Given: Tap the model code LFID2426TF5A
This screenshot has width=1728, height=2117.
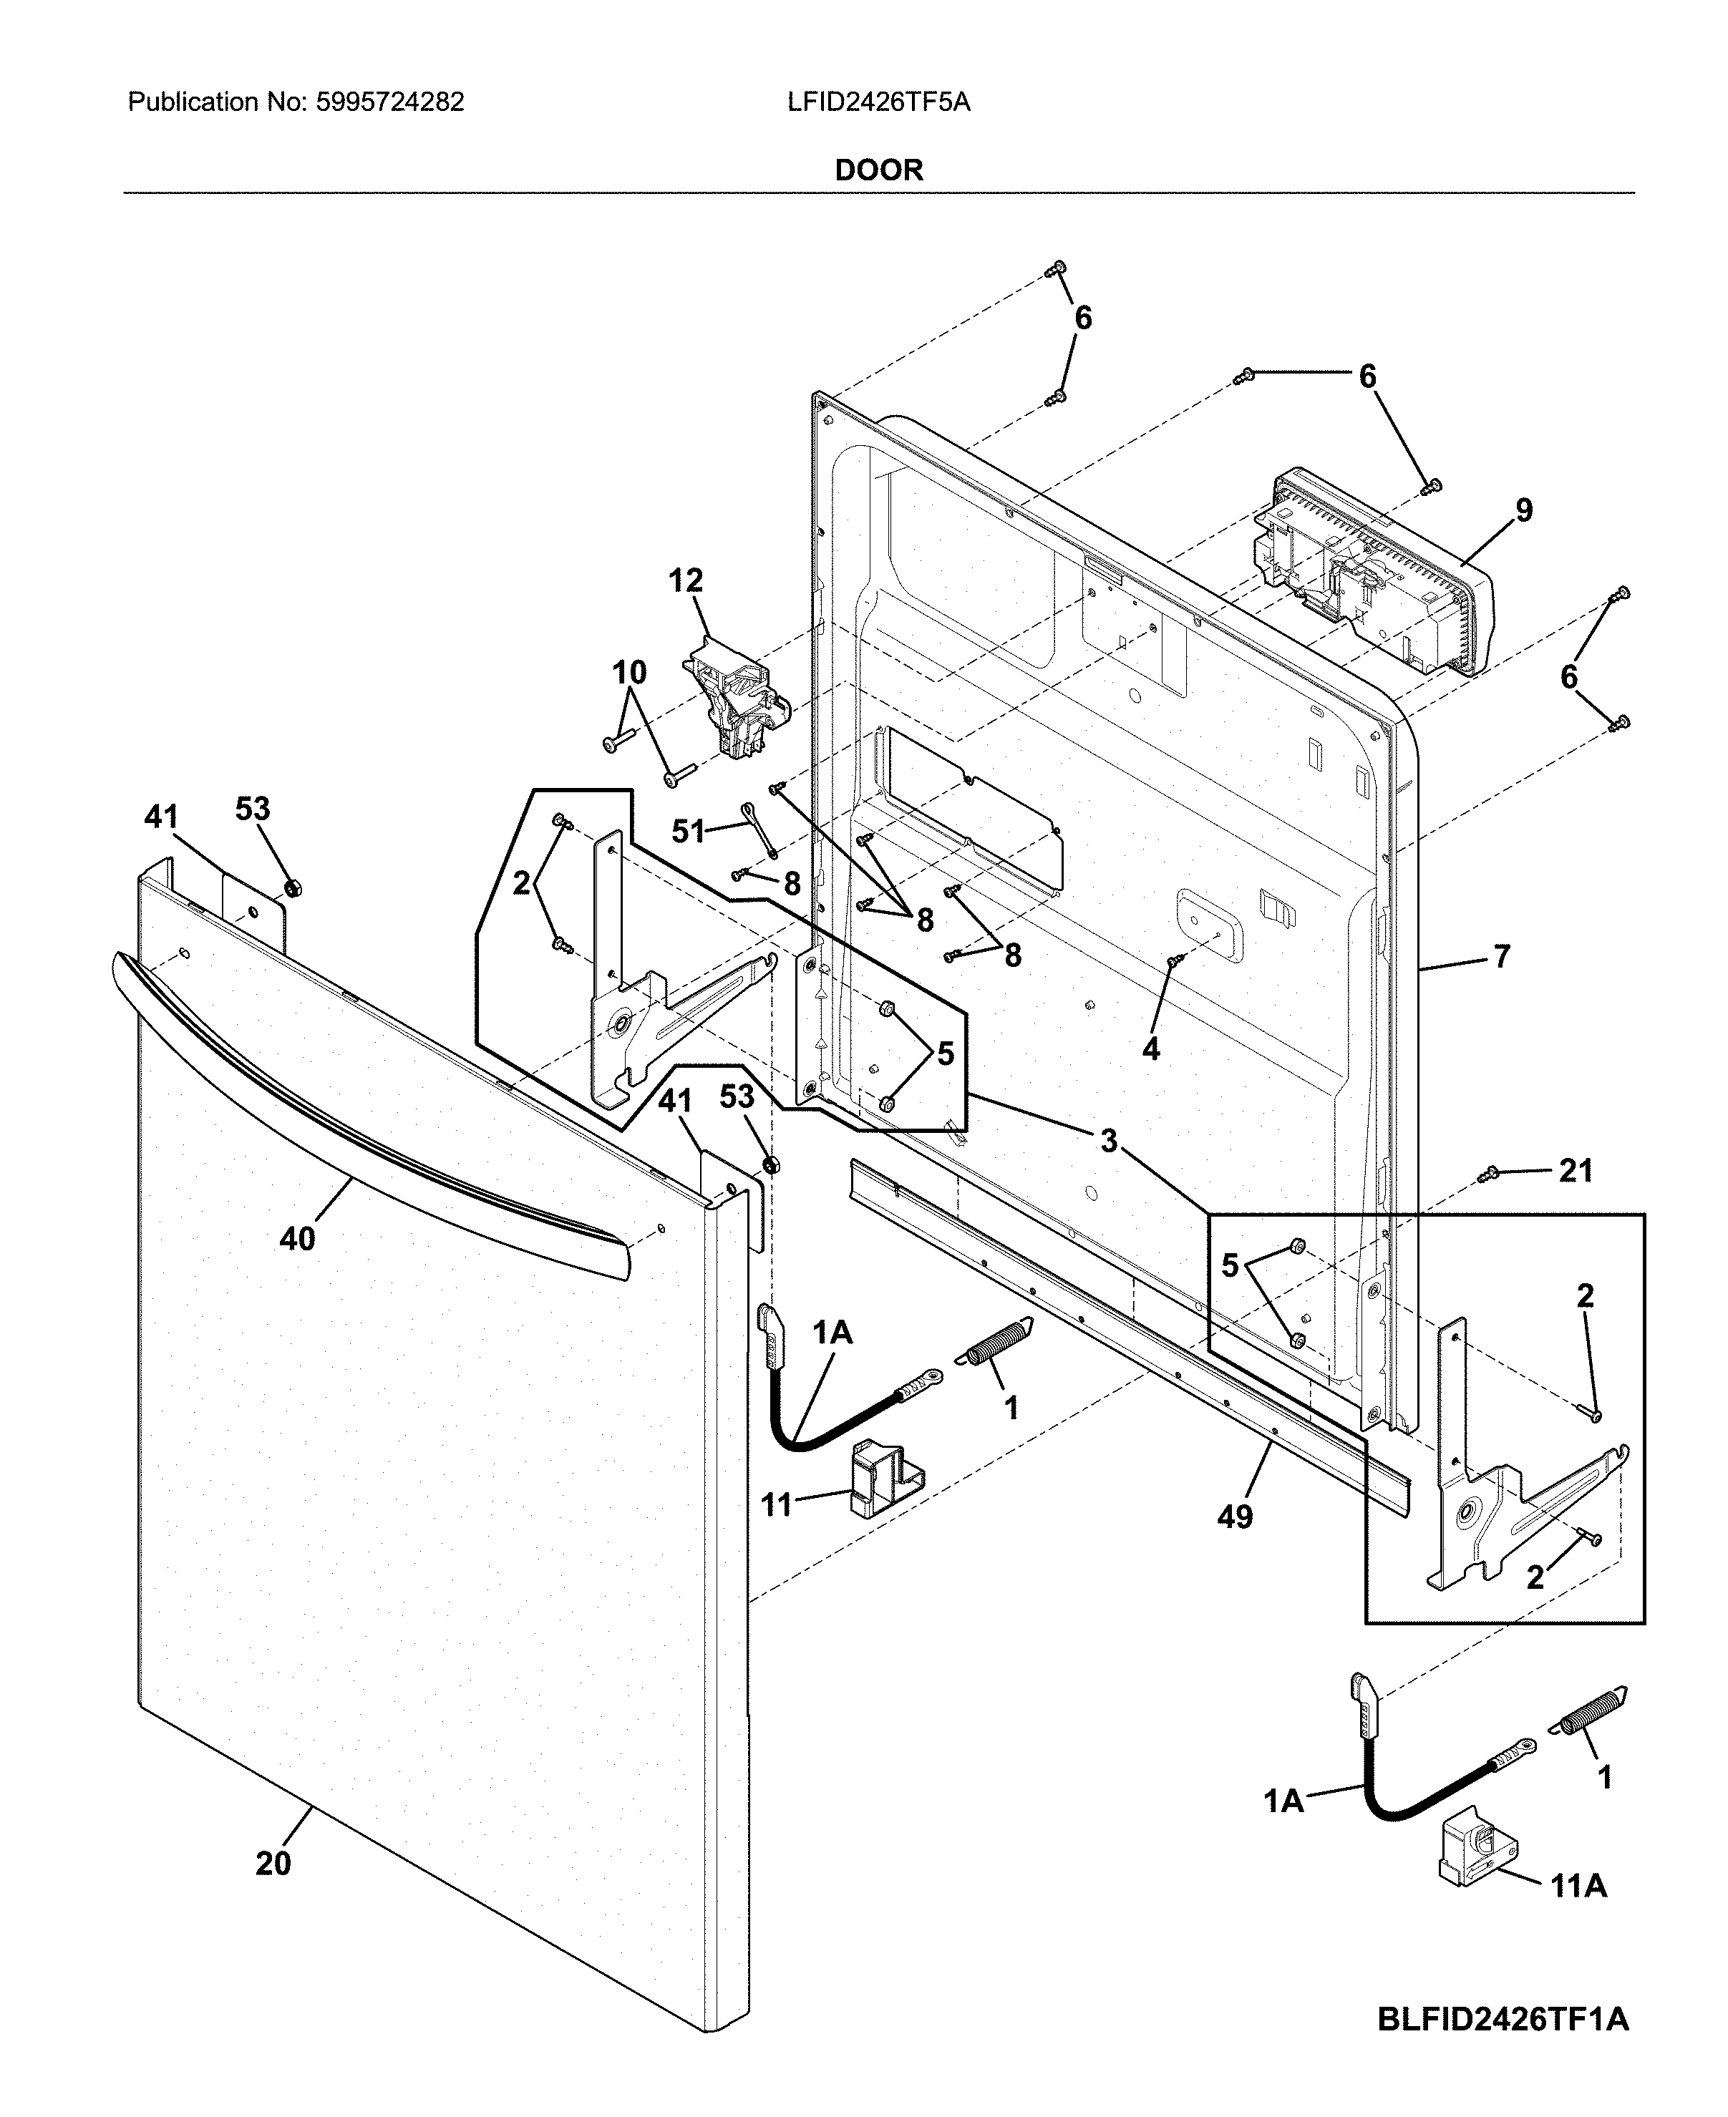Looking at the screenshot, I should (x=878, y=102).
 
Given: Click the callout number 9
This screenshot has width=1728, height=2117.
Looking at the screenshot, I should (x=1524, y=510).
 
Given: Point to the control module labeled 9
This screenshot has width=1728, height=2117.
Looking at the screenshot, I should (x=1384, y=578).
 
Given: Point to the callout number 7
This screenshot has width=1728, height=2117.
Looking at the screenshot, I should (x=1501, y=956).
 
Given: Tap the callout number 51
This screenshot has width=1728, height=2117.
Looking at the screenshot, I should (x=688, y=830).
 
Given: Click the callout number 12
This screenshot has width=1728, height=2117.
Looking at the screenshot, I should (x=685, y=580).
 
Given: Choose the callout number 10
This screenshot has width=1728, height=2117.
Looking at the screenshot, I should (x=629, y=673).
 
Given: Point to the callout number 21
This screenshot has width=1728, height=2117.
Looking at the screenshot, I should (x=1576, y=1170).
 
